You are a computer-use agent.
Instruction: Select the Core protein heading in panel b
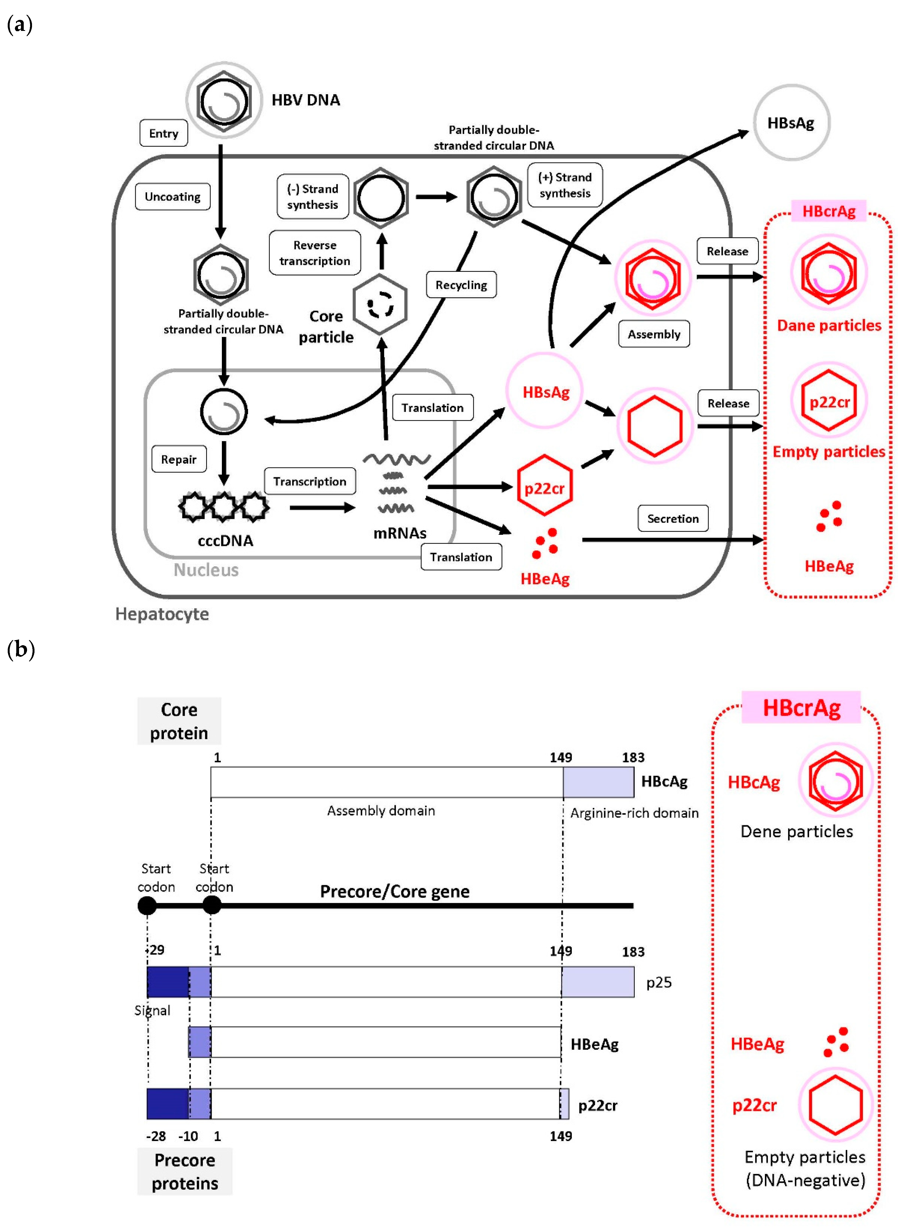point(179,721)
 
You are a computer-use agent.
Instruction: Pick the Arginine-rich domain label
point(634,813)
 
